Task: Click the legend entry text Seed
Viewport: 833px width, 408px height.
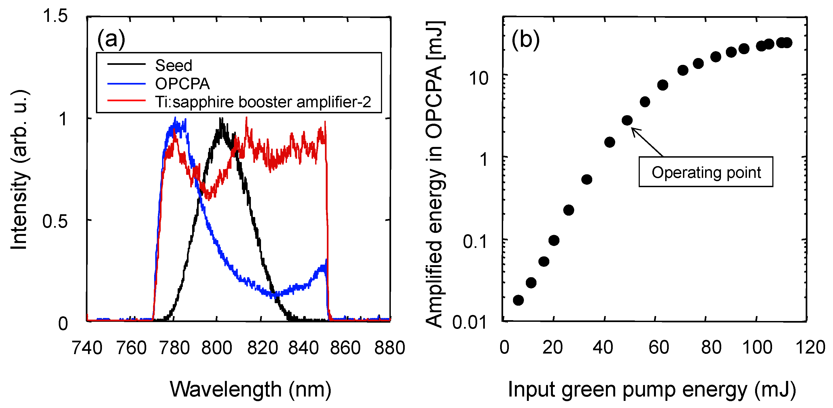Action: [x=174, y=65]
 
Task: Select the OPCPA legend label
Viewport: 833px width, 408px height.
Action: [x=182, y=84]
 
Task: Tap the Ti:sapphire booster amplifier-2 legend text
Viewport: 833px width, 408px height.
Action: [x=263, y=102]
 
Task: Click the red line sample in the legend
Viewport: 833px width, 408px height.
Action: [x=127, y=101]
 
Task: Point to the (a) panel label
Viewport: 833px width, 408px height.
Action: [x=111, y=39]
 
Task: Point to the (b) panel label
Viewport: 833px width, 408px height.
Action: [x=526, y=40]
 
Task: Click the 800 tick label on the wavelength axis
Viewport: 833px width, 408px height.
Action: [x=217, y=348]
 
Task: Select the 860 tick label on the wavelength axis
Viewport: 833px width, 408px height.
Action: [x=345, y=348]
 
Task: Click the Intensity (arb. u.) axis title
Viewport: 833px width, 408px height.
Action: [x=19, y=170]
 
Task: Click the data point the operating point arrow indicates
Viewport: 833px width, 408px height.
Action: [x=627, y=120]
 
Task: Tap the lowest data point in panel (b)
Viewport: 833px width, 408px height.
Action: [x=518, y=300]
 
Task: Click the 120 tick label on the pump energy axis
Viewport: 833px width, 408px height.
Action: [x=810, y=348]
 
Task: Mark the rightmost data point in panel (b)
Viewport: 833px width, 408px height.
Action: [x=787, y=42]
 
